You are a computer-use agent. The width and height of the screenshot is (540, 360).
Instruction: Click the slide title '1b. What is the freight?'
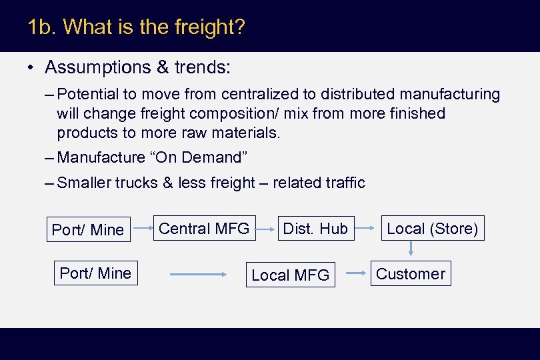[137, 27]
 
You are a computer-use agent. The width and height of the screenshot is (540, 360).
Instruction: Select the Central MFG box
[203, 229]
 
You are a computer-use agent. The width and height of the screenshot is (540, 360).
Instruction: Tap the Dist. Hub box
[315, 229]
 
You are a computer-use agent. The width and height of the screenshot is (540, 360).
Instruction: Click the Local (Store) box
[432, 229]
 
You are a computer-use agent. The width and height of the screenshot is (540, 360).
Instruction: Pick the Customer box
[411, 273]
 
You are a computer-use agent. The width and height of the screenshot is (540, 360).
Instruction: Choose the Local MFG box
[290, 275]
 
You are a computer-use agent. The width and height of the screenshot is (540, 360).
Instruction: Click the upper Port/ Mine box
[87, 229]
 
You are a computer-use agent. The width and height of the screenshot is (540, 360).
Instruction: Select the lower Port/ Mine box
[95, 273]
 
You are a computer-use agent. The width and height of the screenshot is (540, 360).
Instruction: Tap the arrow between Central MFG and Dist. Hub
[266, 230]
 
